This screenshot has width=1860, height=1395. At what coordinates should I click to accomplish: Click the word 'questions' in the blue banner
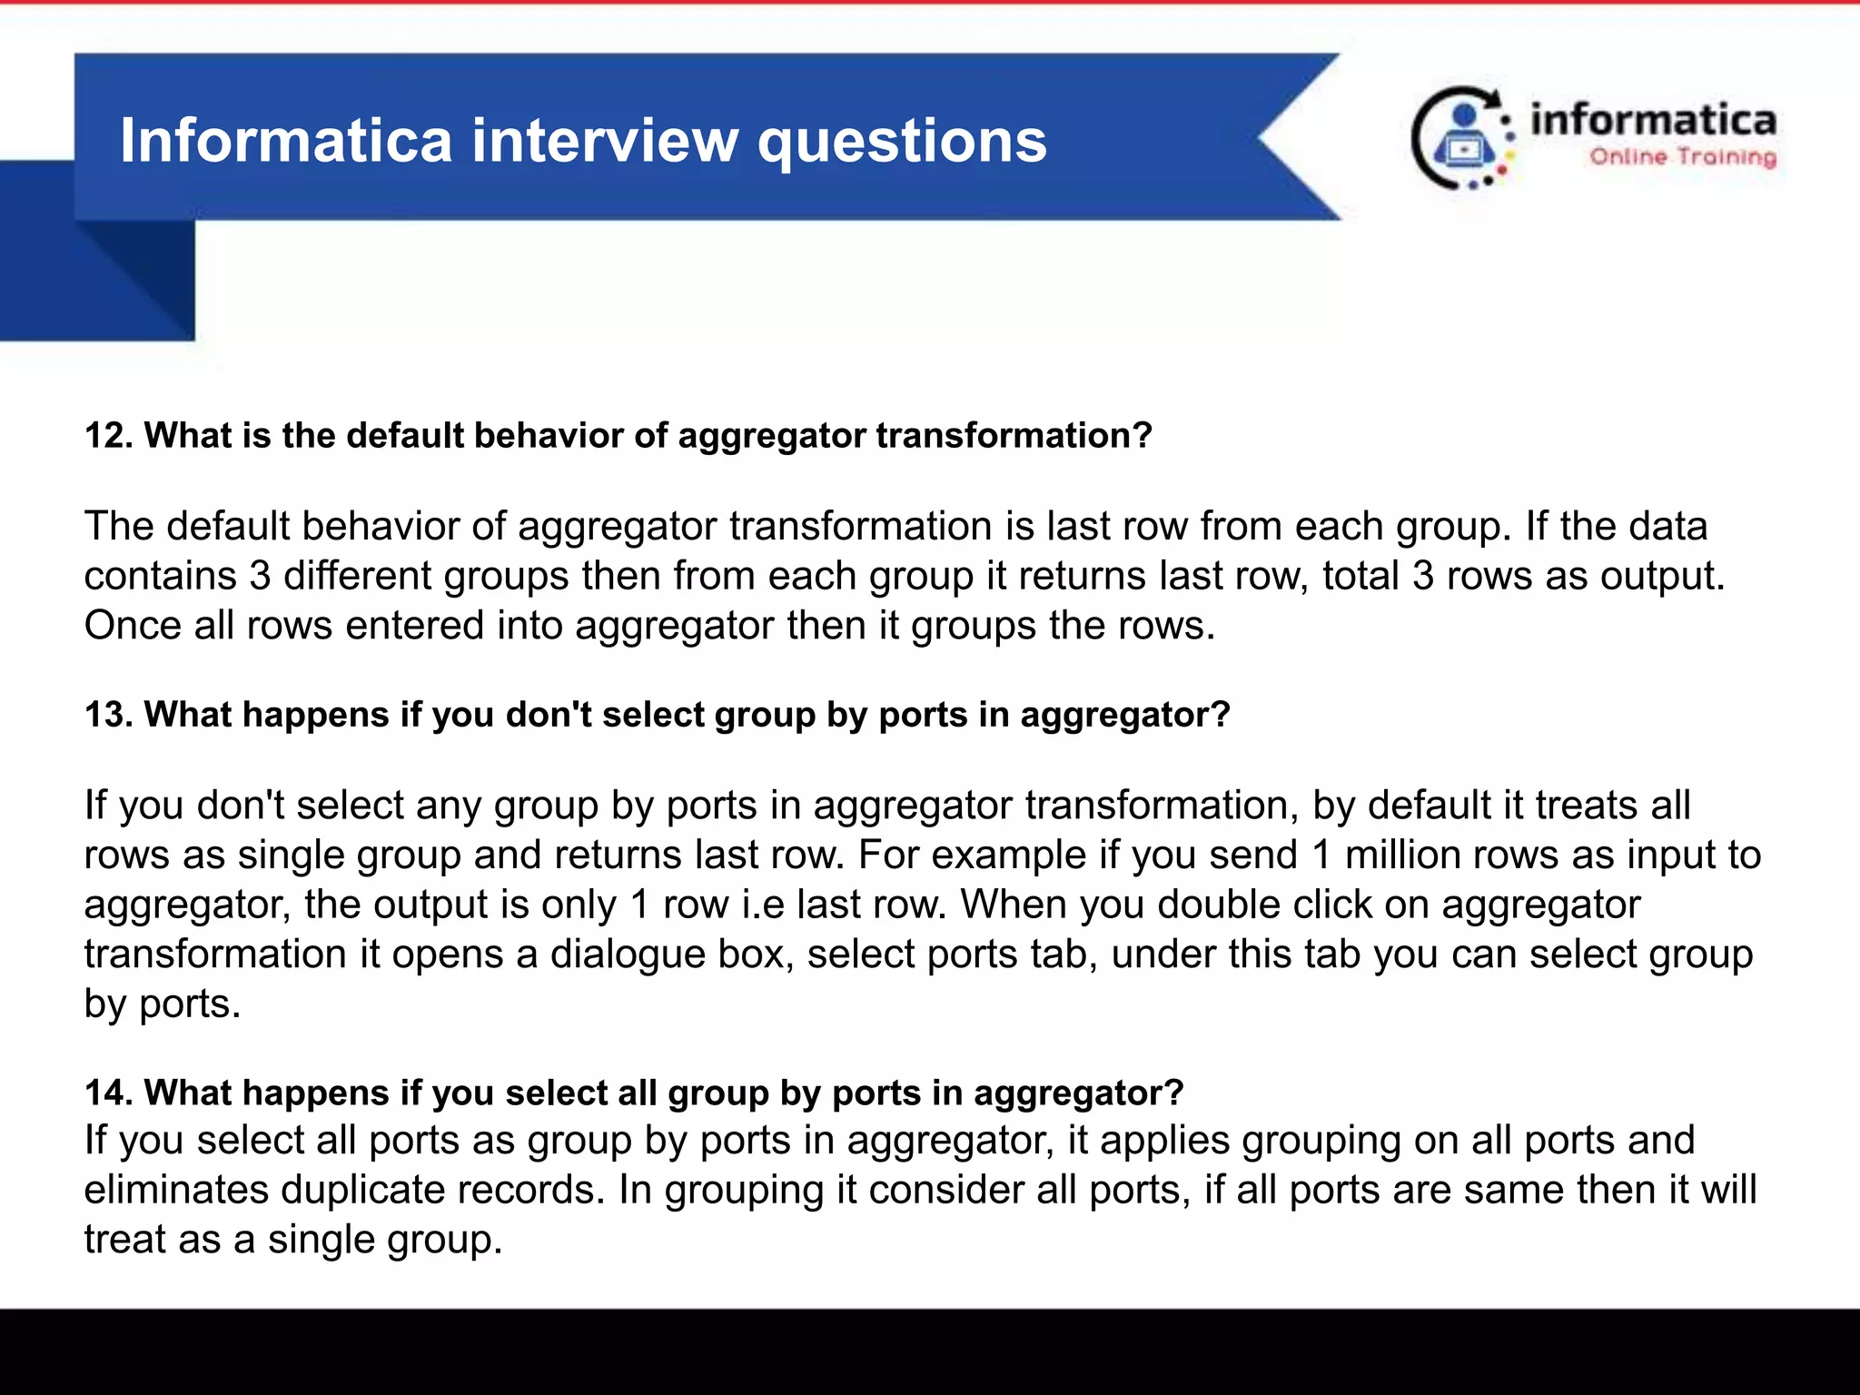(902, 142)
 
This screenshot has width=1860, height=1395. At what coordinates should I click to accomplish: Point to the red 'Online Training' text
(1682, 157)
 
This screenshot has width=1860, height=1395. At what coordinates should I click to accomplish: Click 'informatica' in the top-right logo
(1653, 121)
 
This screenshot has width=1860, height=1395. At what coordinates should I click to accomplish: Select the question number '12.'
(109, 436)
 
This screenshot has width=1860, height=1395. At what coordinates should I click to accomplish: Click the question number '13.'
(109, 715)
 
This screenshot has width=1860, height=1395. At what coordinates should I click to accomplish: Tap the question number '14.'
(109, 1093)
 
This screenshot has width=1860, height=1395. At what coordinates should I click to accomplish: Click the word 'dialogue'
(628, 955)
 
